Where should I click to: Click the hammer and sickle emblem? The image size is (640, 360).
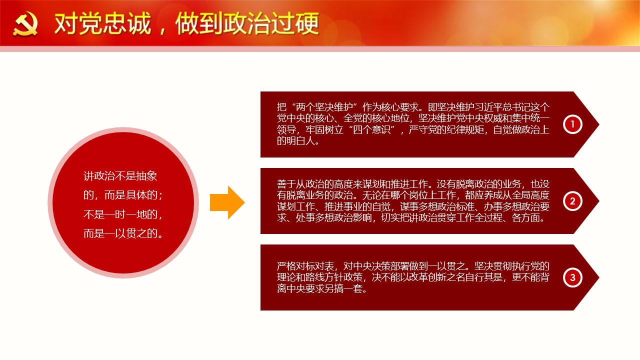25,24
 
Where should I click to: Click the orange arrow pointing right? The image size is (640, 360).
227,202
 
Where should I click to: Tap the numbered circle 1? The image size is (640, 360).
572,124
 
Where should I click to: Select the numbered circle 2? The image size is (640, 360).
572,201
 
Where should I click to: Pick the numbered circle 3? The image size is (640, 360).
572,277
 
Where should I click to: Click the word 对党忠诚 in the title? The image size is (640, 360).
102,23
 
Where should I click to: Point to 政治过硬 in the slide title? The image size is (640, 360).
271,23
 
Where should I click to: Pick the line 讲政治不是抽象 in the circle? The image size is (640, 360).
120,176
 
